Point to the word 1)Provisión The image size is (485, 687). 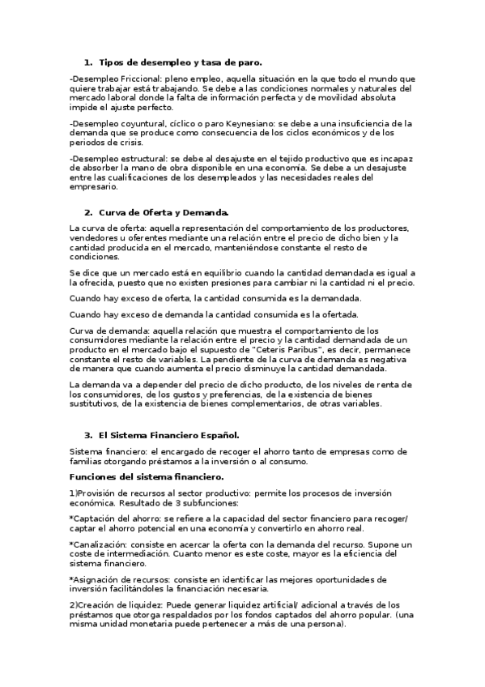point(96,493)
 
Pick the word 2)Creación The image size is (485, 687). point(95,604)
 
